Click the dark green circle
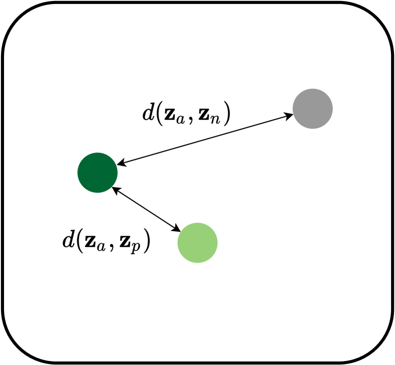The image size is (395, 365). pyautogui.click(x=98, y=172)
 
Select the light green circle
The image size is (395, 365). pyautogui.click(x=198, y=243)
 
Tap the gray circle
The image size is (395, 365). pyautogui.click(x=313, y=108)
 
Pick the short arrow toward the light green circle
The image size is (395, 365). pyautogui.click(x=146, y=210)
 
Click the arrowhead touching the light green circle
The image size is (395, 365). pyautogui.click(x=177, y=230)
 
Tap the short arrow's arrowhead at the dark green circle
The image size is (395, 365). pyautogui.click(x=115, y=190)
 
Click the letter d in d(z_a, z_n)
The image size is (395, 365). pyautogui.click(x=149, y=113)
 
